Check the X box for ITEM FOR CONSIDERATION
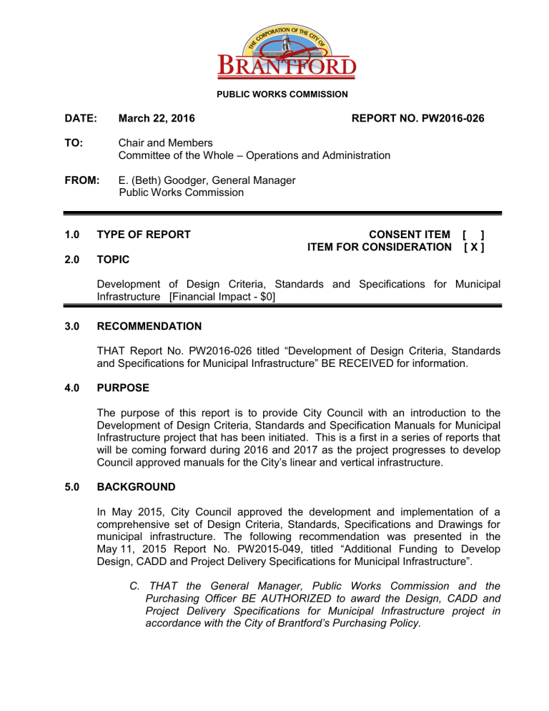475,247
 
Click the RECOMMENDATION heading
149,326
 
